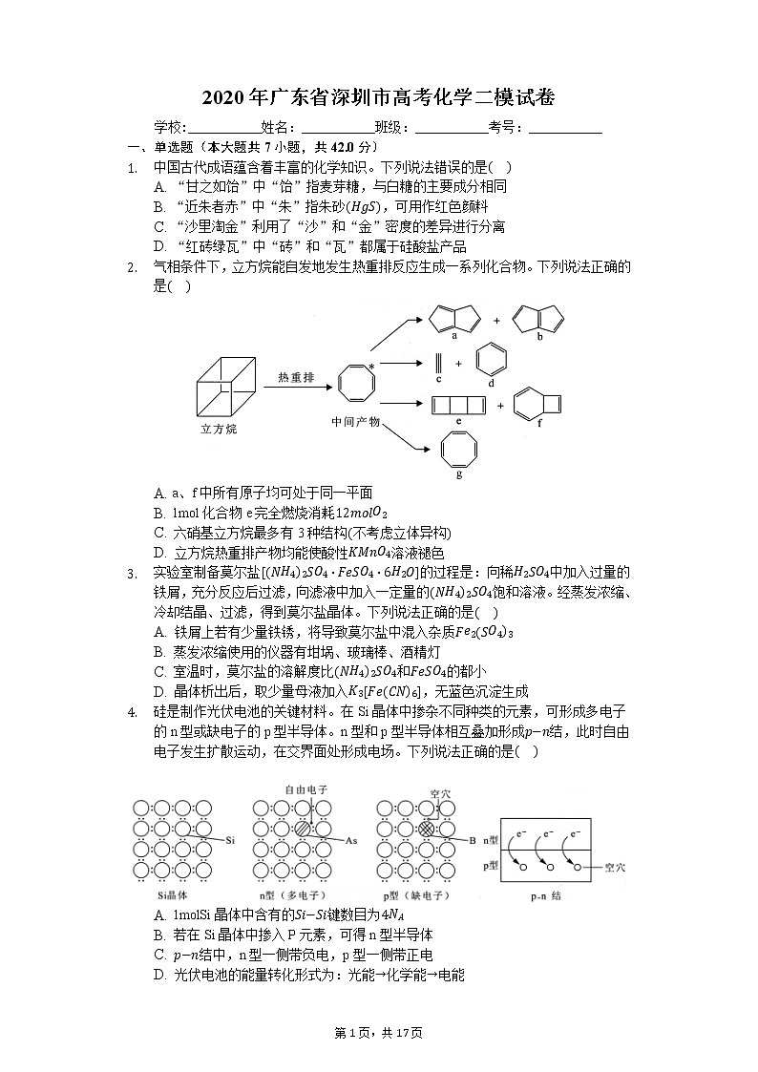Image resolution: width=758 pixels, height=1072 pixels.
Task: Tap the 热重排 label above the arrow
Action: [x=296, y=378]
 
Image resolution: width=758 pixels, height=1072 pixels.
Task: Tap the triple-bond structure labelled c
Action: [x=438, y=362]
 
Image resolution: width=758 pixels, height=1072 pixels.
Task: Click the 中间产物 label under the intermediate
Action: [x=355, y=421]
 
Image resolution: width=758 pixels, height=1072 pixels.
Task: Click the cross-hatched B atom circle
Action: [x=427, y=829]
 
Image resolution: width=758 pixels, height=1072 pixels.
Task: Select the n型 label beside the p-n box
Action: [x=490, y=840]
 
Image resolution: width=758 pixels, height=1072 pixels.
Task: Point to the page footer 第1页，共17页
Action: [x=378, y=1033]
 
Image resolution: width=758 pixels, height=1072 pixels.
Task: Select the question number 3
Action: [x=131, y=573]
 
